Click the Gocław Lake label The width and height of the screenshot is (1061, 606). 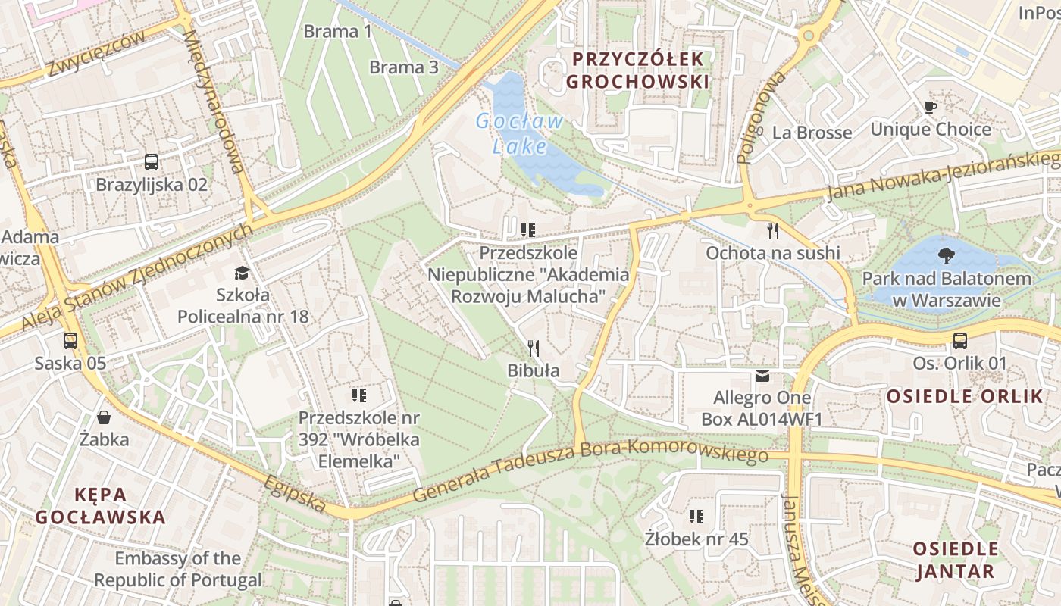click(520, 133)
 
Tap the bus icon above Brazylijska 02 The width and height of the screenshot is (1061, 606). click(152, 161)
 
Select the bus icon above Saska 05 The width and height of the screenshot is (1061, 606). click(70, 341)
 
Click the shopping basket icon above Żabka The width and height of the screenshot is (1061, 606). click(104, 417)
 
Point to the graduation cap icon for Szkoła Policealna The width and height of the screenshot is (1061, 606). click(242, 272)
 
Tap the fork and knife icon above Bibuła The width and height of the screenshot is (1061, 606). click(534, 348)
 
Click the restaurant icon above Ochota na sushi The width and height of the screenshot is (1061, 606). click(773, 230)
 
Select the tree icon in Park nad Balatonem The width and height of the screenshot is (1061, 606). click(946, 255)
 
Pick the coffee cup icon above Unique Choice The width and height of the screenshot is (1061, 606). click(931, 107)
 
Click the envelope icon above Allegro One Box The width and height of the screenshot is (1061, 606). click(762, 376)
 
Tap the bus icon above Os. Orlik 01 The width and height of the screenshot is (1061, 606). click(960, 340)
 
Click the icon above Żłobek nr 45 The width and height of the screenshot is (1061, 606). click(696, 517)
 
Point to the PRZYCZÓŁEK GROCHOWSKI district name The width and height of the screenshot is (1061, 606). click(637, 70)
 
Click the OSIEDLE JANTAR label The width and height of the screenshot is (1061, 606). click(954, 560)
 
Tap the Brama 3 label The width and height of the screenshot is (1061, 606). click(404, 67)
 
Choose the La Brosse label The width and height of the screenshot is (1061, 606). click(812, 133)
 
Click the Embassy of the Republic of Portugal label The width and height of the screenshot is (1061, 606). click(178, 570)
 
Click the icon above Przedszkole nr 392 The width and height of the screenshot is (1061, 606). click(359, 395)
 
